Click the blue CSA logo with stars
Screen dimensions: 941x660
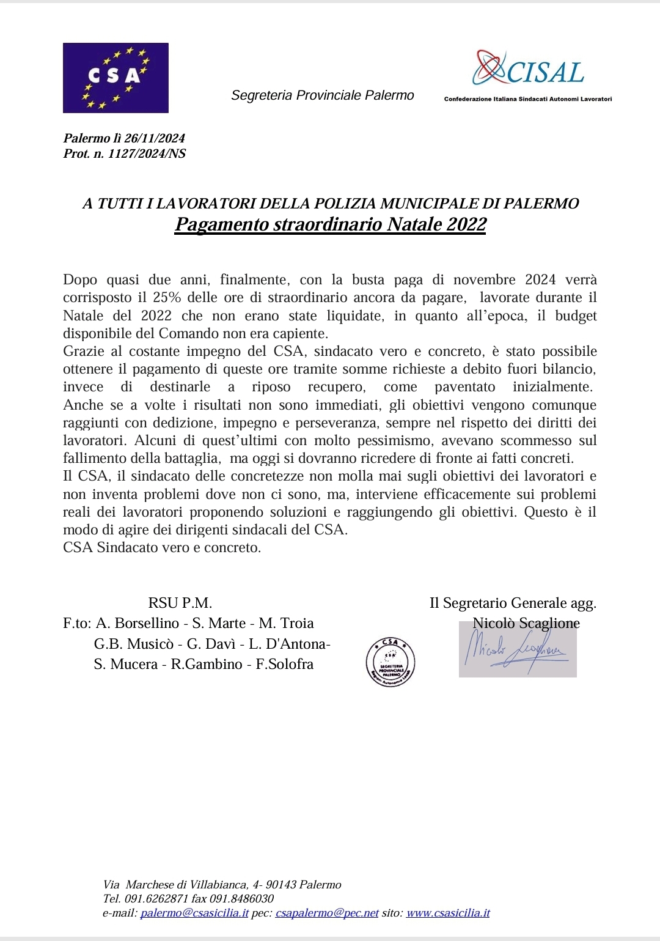coord(116,78)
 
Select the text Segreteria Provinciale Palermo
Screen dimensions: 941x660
coord(322,95)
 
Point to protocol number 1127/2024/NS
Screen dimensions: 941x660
coord(147,153)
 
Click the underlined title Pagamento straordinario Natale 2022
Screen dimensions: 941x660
coord(330,224)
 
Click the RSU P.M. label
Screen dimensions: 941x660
coord(180,603)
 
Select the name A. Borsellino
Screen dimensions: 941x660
coord(137,623)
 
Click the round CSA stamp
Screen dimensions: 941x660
coord(391,662)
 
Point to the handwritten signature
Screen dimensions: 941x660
coord(517,649)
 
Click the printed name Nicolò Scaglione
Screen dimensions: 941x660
coord(526,623)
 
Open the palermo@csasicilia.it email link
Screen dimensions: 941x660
coord(194,913)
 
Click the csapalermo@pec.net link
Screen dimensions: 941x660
coord(327,913)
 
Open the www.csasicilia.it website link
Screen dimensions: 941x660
coord(448,913)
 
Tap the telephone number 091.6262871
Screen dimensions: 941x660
coord(156,898)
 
